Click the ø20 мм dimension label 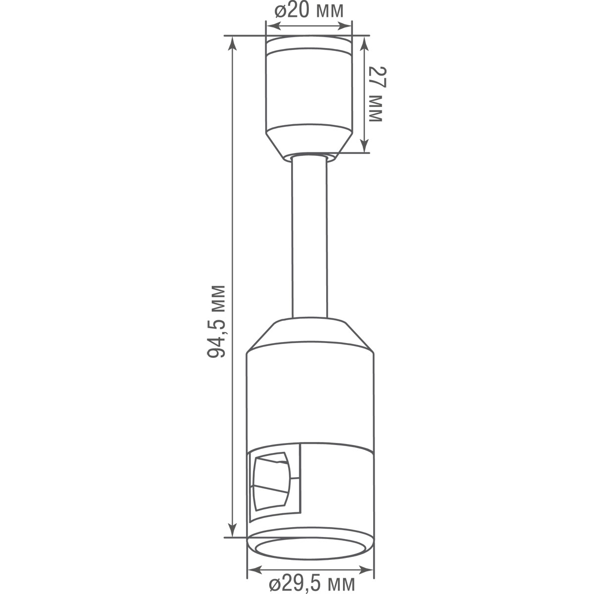click(309, 11)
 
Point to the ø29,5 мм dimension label click(311, 583)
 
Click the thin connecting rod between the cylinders click(309, 238)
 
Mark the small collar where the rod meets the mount click(309, 157)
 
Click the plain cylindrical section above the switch click(310, 396)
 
